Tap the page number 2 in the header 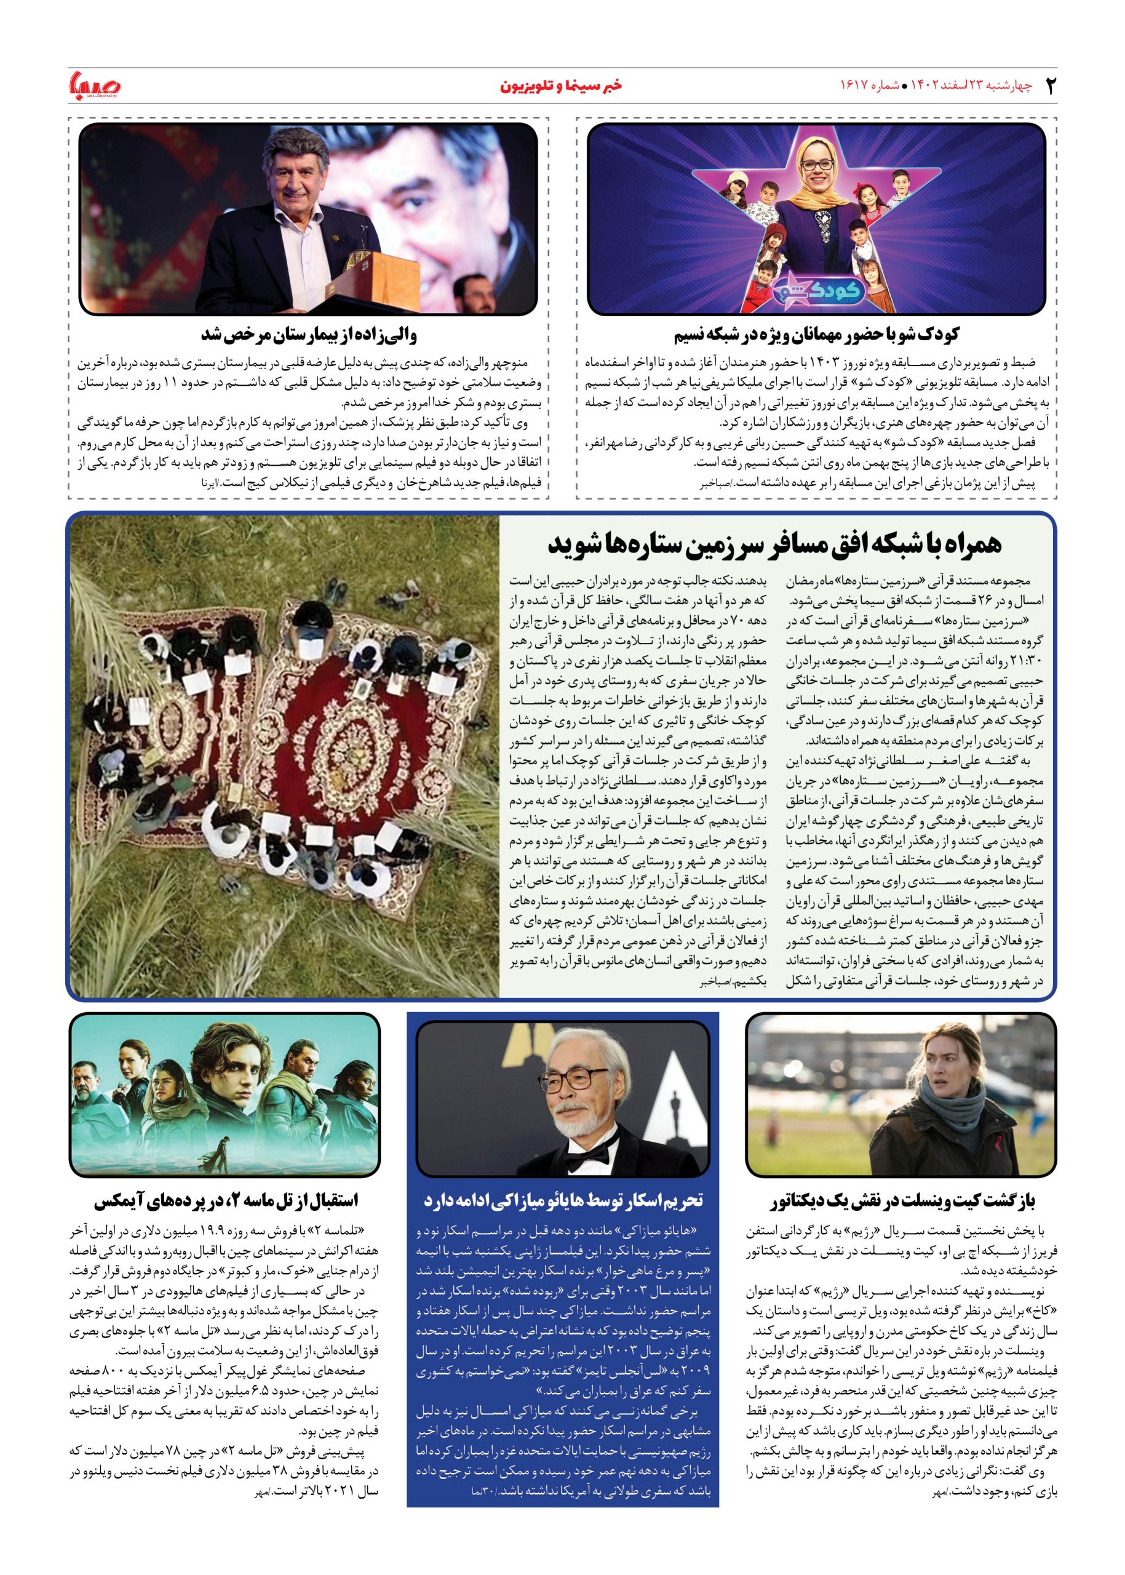tap(1050, 86)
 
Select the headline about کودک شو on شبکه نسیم tap(816, 335)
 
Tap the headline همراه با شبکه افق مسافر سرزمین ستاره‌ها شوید tap(774, 544)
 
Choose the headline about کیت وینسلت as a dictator tap(902, 1201)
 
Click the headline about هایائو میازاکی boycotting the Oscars tap(563, 1200)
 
